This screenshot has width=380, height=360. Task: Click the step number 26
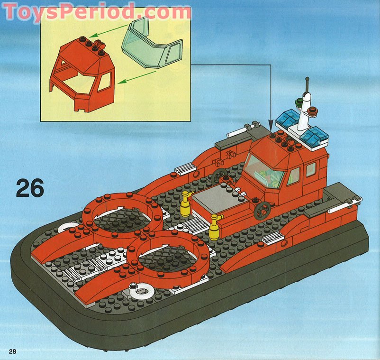point(30,188)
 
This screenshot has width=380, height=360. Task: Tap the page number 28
point(12,351)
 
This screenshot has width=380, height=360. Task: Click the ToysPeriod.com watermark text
point(97,11)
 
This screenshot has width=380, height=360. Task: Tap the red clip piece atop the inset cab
point(100,46)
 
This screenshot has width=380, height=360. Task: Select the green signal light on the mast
point(298,101)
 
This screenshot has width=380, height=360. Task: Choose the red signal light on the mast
point(312,111)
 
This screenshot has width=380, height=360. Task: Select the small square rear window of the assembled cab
point(311,169)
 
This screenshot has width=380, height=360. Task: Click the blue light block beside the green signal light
point(286,118)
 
